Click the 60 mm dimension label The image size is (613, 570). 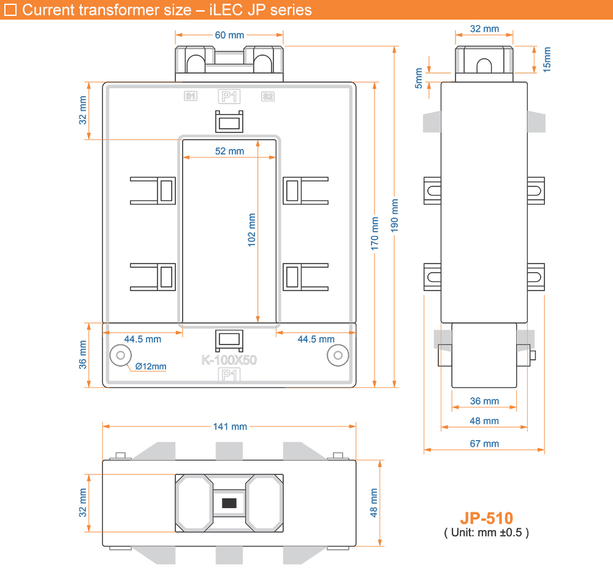229,35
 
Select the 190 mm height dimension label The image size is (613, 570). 394,215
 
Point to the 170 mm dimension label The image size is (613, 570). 375,234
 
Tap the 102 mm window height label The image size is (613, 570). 251,230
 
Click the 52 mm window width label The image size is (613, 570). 229,151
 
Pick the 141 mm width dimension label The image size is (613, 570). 230,427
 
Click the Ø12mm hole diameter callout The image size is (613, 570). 151,367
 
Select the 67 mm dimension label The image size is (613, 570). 484,444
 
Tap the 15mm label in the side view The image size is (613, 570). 547,59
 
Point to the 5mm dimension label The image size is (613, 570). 418,78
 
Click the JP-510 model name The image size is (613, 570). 486,519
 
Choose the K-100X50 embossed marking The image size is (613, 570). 229,360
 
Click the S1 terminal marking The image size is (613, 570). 191,96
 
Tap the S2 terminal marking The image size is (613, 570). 268,96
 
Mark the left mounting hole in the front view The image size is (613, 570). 120,355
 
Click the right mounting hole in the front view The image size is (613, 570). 338,355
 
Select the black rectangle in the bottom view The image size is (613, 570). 229,503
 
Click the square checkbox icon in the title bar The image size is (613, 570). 10,10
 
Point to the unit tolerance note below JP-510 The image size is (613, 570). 486,533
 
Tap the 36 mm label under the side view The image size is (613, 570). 484,401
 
